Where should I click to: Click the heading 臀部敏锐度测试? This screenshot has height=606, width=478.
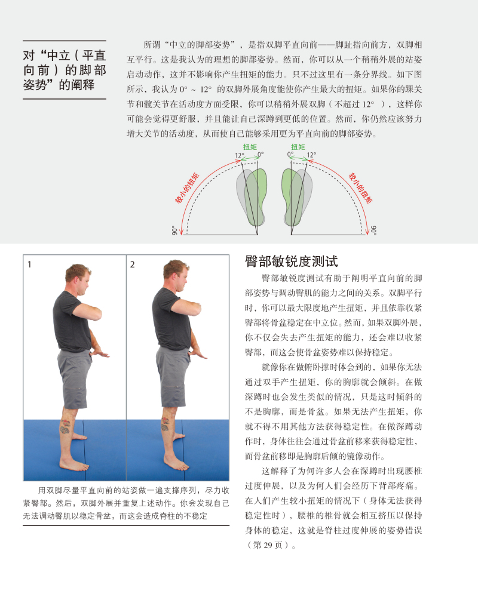coord(292,261)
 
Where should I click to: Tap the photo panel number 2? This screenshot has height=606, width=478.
coord(132,264)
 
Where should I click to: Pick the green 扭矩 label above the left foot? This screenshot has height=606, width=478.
coord(249,147)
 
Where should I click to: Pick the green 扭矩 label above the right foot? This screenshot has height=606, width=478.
coord(299,147)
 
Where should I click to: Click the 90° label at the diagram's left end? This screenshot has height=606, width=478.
coord(174,230)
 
